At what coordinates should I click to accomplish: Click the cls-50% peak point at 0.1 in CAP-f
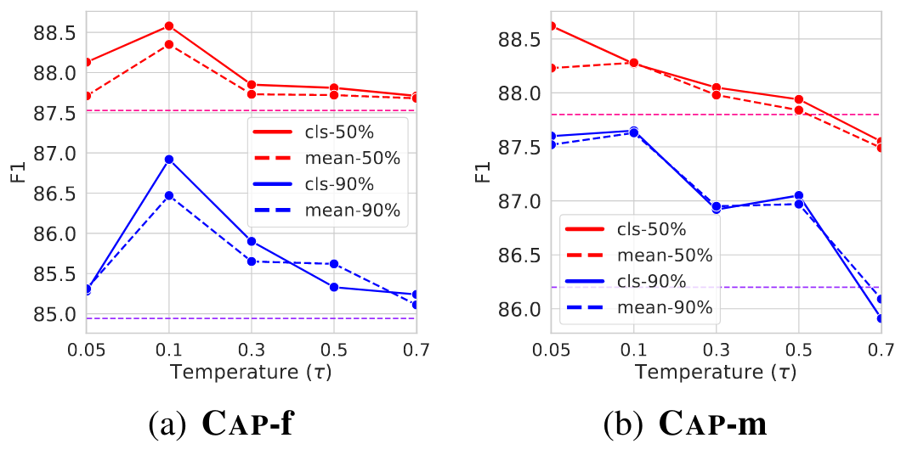(x=169, y=26)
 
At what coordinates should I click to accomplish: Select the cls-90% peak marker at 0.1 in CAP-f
(x=169, y=160)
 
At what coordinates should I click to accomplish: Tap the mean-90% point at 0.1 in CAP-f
(x=169, y=195)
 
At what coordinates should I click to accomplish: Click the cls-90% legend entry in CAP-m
(x=635, y=281)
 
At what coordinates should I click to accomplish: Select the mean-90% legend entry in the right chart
(x=635, y=308)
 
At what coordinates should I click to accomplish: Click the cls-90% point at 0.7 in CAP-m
(x=881, y=318)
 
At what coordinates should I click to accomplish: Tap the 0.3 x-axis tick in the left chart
(x=251, y=349)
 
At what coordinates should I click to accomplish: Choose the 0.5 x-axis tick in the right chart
(x=797, y=349)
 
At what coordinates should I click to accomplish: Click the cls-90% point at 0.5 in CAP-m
(x=798, y=196)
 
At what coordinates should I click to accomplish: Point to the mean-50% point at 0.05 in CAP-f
(x=87, y=96)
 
